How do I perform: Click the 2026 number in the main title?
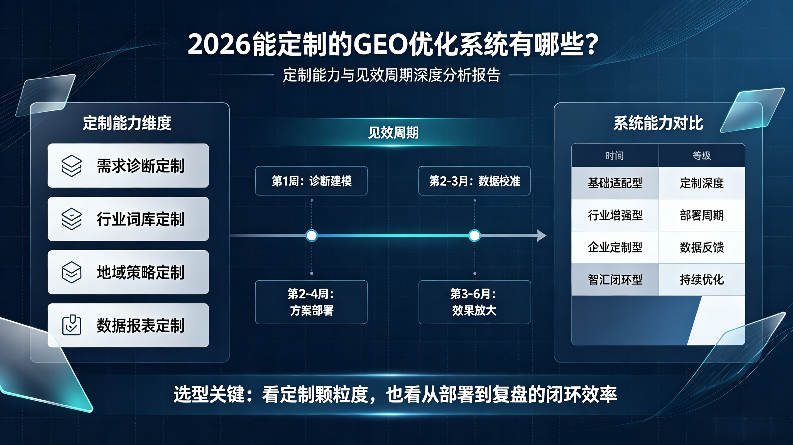219,44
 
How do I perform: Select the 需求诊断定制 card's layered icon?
71,166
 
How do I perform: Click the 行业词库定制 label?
140,219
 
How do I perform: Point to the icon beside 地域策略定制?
71,272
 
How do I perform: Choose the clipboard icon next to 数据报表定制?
71,325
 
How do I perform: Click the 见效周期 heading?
393,133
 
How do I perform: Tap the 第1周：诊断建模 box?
311,181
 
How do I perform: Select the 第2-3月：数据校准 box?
474,181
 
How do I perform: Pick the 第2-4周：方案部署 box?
311,302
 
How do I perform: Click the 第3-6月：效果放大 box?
474,302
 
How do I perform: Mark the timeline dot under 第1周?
312,236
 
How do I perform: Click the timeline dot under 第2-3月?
474,236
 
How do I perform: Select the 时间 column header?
615,156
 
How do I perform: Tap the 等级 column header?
702,156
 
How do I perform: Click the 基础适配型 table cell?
615,183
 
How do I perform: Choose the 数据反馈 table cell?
702,247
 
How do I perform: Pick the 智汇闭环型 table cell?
615,280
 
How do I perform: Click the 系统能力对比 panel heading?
658,123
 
